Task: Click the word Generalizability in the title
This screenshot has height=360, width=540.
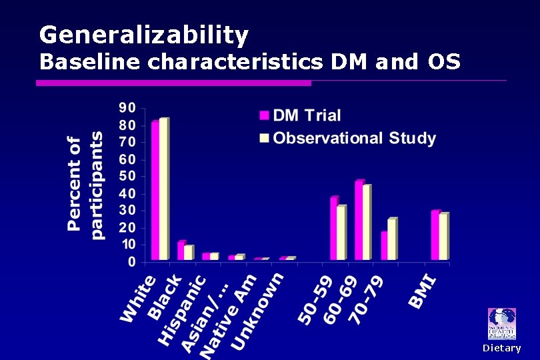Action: point(143,34)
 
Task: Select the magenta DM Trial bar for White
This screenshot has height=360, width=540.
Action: point(155,190)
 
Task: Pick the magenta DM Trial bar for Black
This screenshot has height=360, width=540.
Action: point(181,251)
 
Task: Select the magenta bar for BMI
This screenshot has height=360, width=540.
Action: point(435,235)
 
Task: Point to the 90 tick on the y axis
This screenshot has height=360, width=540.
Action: point(127,108)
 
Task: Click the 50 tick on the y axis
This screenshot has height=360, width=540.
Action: point(127,177)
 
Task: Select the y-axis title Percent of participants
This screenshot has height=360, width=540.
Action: point(85,185)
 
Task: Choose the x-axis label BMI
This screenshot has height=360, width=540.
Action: point(424,291)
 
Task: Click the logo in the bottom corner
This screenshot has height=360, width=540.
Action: point(501,324)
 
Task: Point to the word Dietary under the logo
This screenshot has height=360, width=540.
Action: point(501,348)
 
